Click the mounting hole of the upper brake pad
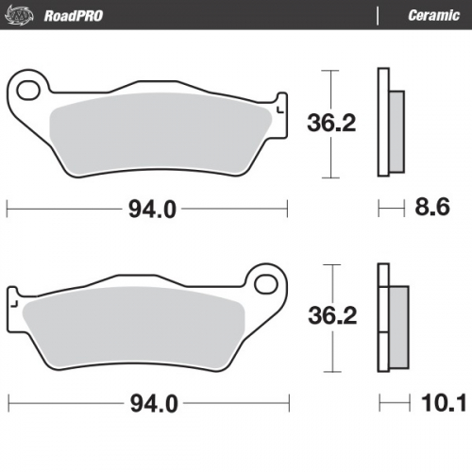[x=28, y=91]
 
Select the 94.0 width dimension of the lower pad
[x=150, y=404]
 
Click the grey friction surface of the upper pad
[x=160, y=137]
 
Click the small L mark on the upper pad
[x=279, y=112]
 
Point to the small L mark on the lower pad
[x=14, y=305]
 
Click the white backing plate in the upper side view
[x=382, y=123]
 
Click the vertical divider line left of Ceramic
[x=379, y=15]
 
